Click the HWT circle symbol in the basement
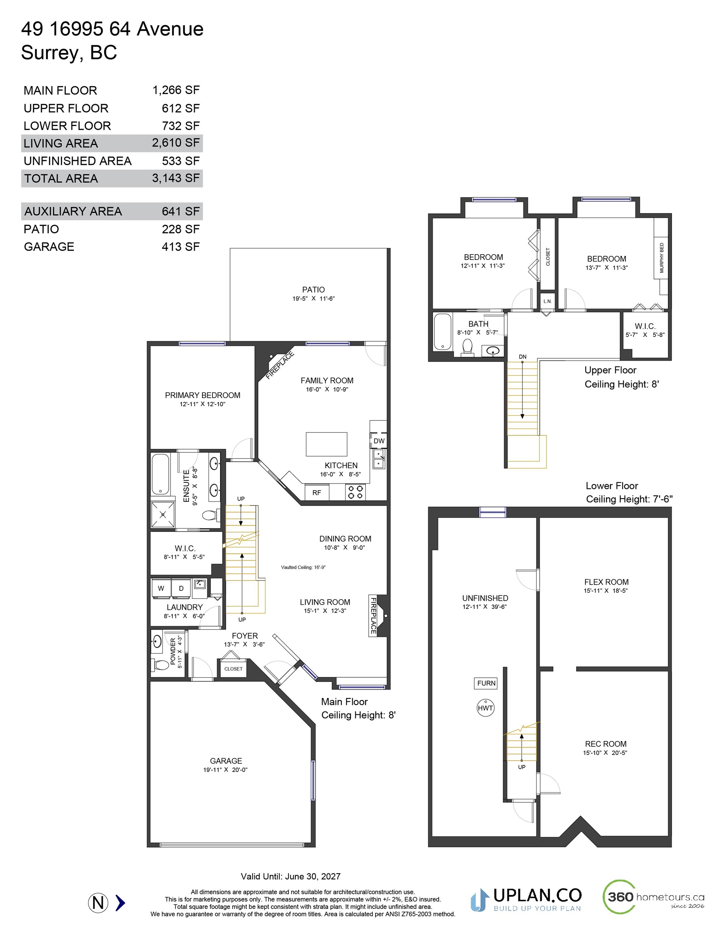click(x=486, y=708)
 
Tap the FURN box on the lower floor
click(x=486, y=683)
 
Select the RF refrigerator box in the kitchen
click(x=317, y=493)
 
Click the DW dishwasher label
click(x=379, y=441)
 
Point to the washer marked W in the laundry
click(x=161, y=589)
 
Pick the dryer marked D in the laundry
click(x=181, y=589)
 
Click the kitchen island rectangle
click(x=327, y=444)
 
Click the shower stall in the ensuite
click(x=163, y=514)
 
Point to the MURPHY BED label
click(x=662, y=258)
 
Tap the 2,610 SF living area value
click(x=176, y=143)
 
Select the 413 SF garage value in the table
click(x=180, y=247)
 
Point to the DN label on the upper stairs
click(x=522, y=357)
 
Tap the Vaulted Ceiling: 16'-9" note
click(x=303, y=568)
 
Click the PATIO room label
click(x=313, y=289)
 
